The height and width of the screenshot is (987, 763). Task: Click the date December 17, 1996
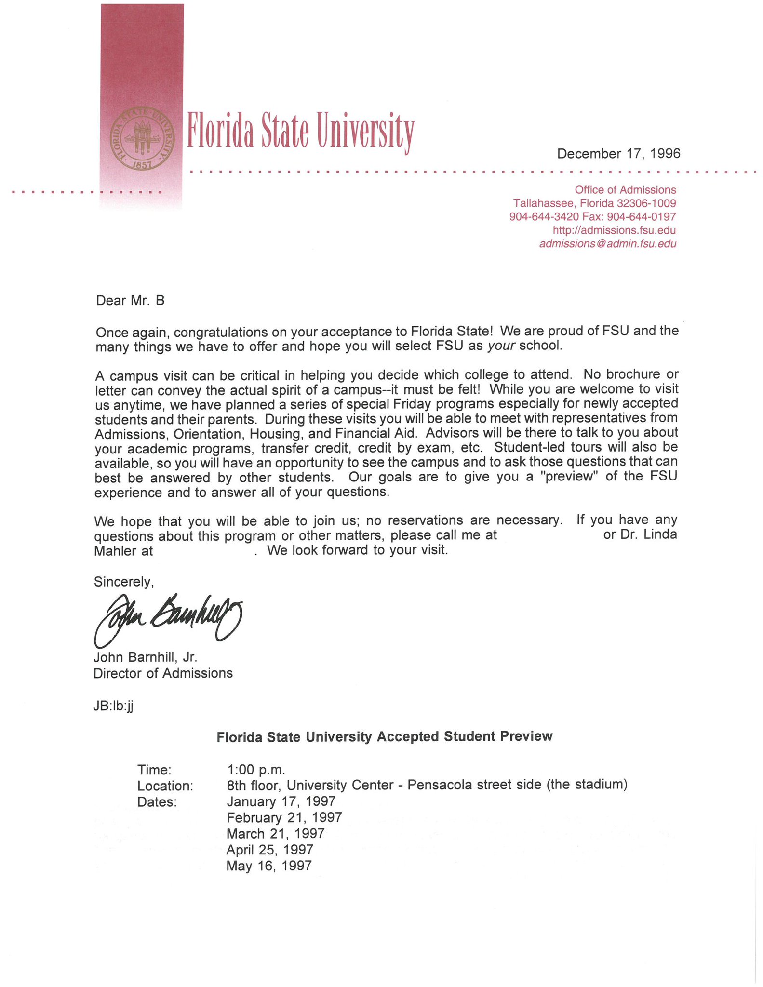(x=618, y=154)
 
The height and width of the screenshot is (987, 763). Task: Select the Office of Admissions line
(x=625, y=190)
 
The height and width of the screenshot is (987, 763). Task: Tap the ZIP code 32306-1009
(x=646, y=203)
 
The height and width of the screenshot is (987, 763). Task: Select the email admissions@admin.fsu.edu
(x=607, y=244)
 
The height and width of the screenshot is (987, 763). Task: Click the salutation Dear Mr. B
(x=130, y=301)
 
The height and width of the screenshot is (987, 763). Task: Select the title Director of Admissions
(x=163, y=673)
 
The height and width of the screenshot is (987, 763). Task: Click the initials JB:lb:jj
(x=113, y=706)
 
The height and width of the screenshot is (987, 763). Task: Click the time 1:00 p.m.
(x=256, y=769)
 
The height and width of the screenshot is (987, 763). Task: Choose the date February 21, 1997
(x=284, y=817)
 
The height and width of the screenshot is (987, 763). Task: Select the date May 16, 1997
(x=269, y=866)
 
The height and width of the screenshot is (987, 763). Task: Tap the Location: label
(x=165, y=786)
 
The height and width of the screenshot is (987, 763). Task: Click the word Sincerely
(x=124, y=582)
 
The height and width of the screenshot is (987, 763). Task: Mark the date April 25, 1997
(x=270, y=849)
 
